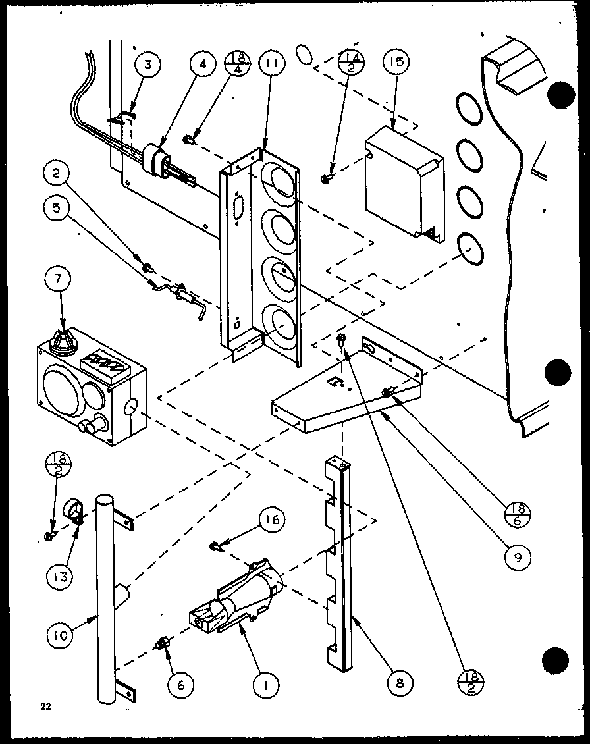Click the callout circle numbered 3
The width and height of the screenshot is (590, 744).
click(x=148, y=65)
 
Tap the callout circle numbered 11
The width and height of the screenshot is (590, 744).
click(x=272, y=65)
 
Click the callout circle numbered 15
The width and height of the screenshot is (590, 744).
click(x=394, y=63)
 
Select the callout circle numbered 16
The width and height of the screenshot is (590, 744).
click(x=272, y=520)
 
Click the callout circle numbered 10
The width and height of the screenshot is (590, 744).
click(x=60, y=637)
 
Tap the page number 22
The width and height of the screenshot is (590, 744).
click(x=44, y=707)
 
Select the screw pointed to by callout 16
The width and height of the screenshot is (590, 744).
click(x=216, y=545)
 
